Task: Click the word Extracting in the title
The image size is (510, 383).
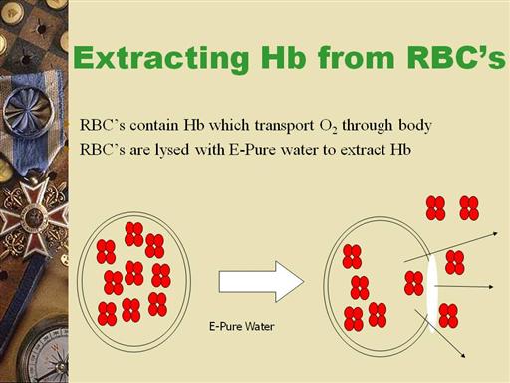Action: point(161,59)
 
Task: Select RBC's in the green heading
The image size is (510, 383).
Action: point(456,57)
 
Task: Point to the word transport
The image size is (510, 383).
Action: point(284,126)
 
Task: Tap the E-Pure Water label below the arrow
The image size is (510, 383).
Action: point(242,326)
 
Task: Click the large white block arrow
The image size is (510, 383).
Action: point(261,282)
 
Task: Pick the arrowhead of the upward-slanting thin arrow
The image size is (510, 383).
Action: point(495,234)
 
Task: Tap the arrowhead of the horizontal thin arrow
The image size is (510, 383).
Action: point(491,287)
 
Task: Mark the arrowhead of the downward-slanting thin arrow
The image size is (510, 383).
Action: point(462,355)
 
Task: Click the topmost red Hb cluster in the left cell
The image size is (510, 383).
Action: point(134,234)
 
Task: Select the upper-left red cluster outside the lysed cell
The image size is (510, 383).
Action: point(435,208)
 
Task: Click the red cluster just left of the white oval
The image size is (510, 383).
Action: point(414,283)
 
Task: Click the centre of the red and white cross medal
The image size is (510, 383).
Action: point(33,217)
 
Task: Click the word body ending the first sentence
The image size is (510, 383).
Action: point(415,126)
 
